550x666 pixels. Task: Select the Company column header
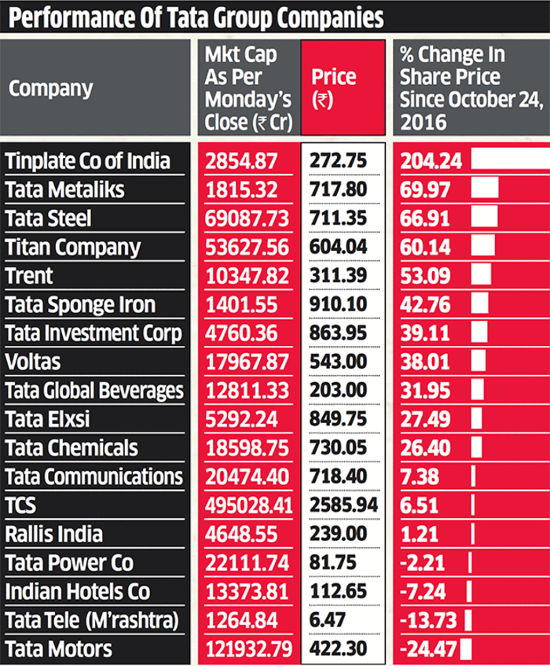pos(50,88)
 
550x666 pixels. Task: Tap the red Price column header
pos(334,88)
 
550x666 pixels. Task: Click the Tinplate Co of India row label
pos(87,160)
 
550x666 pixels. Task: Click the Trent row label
pos(29,275)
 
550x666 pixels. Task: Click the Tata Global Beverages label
pos(93,391)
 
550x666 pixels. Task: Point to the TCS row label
pos(21,506)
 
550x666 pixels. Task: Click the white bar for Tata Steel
pos(484,218)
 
